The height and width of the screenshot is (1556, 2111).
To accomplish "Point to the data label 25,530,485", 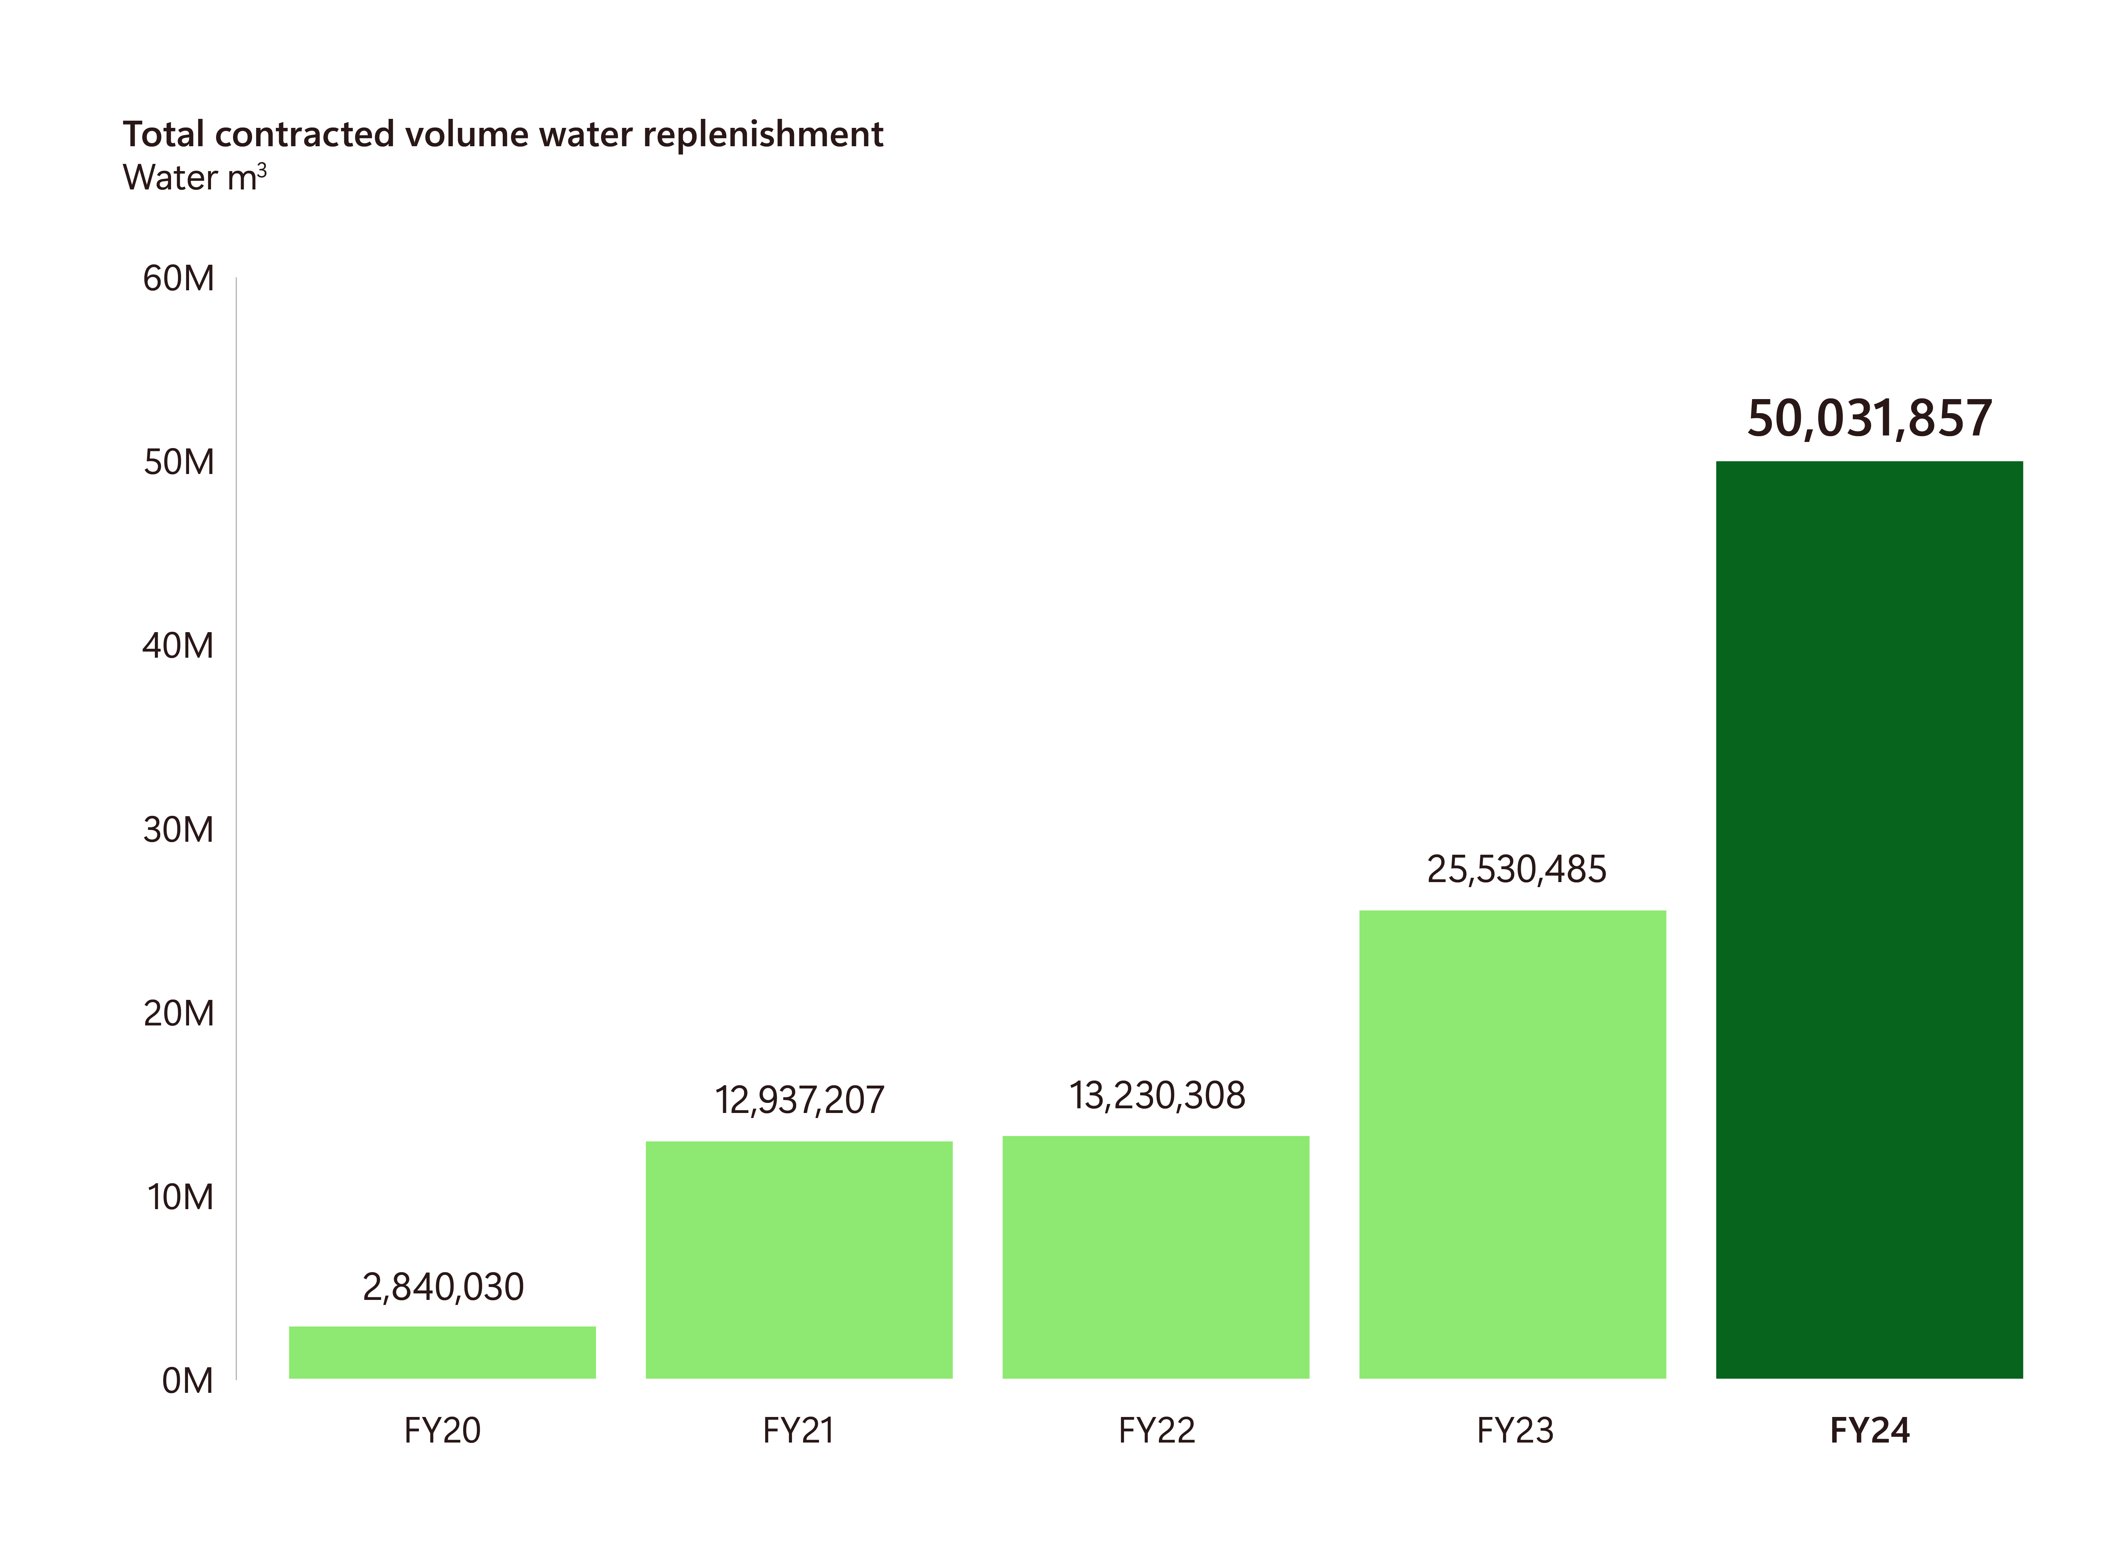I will click(1516, 869).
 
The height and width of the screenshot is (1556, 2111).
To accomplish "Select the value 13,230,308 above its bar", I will click(1156, 1095).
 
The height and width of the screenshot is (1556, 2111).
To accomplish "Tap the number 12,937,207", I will click(799, 1100).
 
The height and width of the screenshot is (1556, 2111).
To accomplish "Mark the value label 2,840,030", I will click(443, 1287).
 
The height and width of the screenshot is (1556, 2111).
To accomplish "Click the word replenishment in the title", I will click(763, 135).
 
